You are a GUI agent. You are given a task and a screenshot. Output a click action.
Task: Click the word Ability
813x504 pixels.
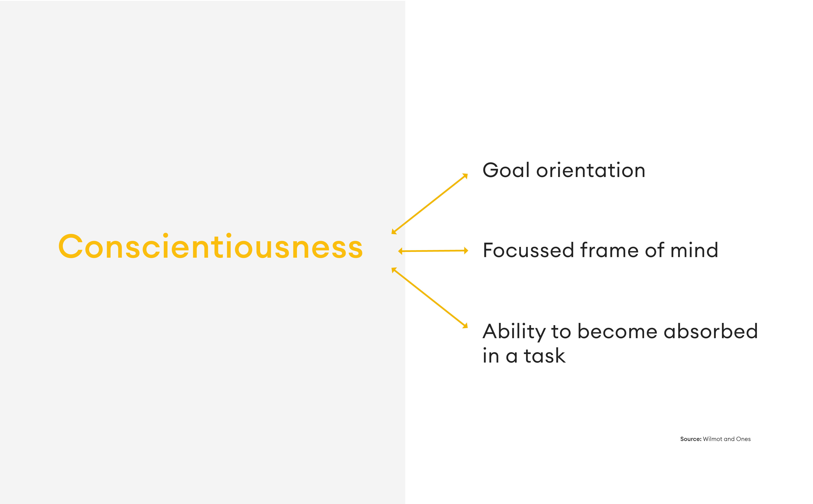coord(514,332)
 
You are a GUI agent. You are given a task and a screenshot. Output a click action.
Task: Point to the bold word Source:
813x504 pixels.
coord(691,439)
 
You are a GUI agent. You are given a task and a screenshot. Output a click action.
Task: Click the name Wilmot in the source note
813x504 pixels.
coord(713,439)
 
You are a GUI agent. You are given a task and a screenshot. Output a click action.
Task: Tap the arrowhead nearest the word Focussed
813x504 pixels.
coord(466,251)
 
